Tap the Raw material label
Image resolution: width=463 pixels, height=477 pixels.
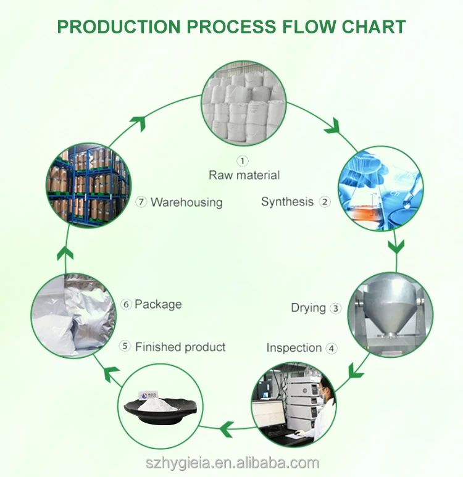click(244, 175)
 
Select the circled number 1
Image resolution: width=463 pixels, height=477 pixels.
click(243, 161)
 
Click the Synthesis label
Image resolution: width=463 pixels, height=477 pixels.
click(287, 202)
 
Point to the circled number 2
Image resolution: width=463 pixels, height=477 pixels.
click(325, 202)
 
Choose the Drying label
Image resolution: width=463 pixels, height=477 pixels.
click(308, 307)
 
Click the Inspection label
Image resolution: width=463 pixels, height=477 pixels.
click(294, 348)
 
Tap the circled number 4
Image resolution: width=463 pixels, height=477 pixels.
click(332, 348)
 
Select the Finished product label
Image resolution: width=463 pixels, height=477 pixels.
click(180, 347)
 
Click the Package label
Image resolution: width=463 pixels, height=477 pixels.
click(158, 304)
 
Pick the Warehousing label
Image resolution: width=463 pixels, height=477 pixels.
click(186, 202)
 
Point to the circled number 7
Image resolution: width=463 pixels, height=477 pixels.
click(141, 202)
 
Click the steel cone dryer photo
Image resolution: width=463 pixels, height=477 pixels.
click(390, 315)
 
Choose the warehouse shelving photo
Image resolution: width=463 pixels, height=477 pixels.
click(89, 187)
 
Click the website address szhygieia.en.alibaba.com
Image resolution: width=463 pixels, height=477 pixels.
click(231, 463)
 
